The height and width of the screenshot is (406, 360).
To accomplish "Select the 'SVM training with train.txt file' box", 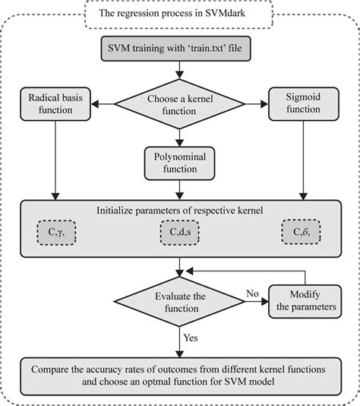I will (178, 51).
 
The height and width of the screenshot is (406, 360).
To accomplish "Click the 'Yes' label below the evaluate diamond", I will (191, 335).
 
